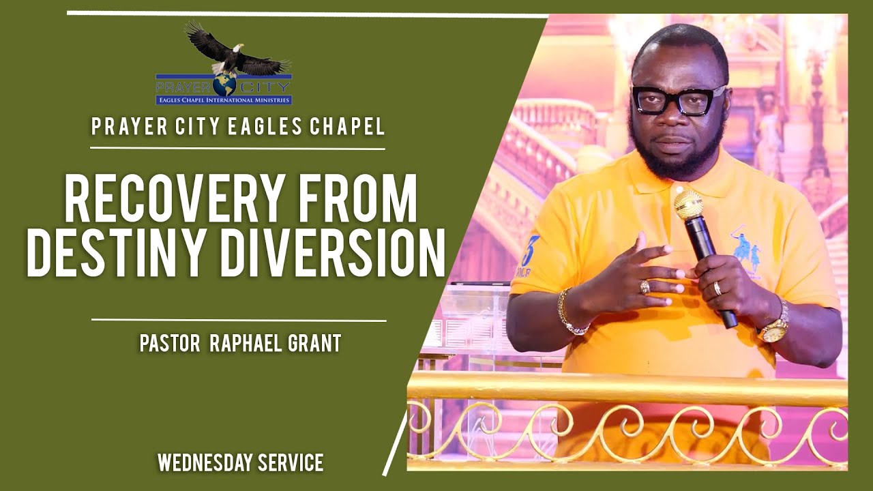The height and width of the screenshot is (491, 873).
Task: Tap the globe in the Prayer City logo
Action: [224, 84]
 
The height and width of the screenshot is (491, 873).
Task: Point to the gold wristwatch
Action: [775, 328]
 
